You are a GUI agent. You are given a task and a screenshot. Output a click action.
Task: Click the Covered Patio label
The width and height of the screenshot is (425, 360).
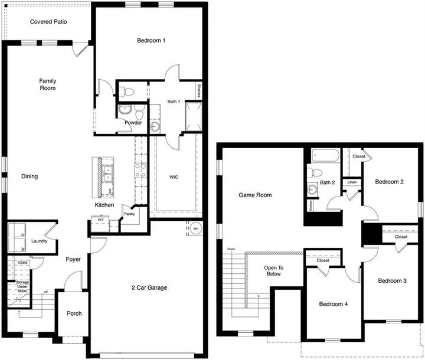pyautogui.click(x=48, y=22)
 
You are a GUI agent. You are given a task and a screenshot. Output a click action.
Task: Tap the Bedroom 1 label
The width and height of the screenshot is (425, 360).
pyautogui.click(x=151, y=41)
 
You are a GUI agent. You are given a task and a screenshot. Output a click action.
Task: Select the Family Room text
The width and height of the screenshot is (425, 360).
pyautogui.click(x=48, y=84)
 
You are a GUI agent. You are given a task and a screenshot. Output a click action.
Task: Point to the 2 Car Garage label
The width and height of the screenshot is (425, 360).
pyautogui.click(x=149, y=288)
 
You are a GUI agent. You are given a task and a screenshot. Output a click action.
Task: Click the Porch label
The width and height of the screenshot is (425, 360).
pyautogui.click(x=74, y=313)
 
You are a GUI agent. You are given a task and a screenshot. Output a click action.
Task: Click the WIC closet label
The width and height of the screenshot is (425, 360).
pyautogui.click(x=174, y=176)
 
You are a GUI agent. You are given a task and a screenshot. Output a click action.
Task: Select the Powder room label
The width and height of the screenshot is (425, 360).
pyautogui.click(x=133, y=123)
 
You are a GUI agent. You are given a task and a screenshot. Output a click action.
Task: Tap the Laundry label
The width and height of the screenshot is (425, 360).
pyautogui.click(x=39, y=241)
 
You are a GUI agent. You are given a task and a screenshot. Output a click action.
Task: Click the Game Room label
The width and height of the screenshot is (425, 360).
pyautogui.click(x=255, y=195)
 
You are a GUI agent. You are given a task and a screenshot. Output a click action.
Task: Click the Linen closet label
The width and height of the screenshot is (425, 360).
pyautogui.click(x=352, y=182)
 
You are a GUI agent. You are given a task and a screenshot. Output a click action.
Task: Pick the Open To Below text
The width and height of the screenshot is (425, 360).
pyautogui.click(x=274, y=270)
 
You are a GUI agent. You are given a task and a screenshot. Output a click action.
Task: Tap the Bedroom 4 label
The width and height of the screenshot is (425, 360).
pyautogui.click(x=334, y=305)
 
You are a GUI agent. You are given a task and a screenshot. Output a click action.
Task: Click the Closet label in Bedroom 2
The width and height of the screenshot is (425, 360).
pyautogui.click(x=359, y=156)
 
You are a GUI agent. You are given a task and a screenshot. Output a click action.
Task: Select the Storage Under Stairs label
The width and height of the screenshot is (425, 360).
pyautogui.click(x=22, y=287)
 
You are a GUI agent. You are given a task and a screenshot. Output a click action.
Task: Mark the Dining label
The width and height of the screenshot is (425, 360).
pyautogui.click(x=30, y=176)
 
